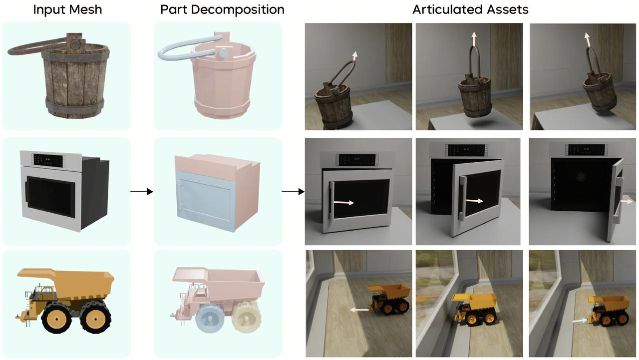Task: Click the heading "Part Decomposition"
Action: click(222, 9)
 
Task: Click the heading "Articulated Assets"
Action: click(470, 9)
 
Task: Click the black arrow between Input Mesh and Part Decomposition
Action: click(142, 192)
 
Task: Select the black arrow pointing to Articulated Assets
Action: click(294, 192)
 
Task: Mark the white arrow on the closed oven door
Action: click(343, 203)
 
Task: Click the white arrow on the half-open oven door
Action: click(474, 201)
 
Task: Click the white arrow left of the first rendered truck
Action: click(358, 310)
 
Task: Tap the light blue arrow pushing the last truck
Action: click(580, 322)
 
